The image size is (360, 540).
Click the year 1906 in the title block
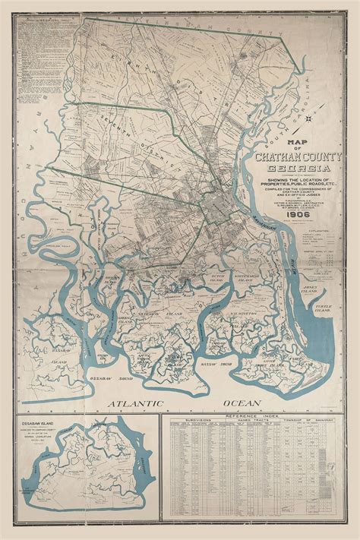point(292,194)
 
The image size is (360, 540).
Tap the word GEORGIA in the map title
point(292,168)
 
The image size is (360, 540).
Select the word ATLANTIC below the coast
point(138,403)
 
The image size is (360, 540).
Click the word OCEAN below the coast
point(240,403)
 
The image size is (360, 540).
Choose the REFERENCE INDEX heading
point(259,418)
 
